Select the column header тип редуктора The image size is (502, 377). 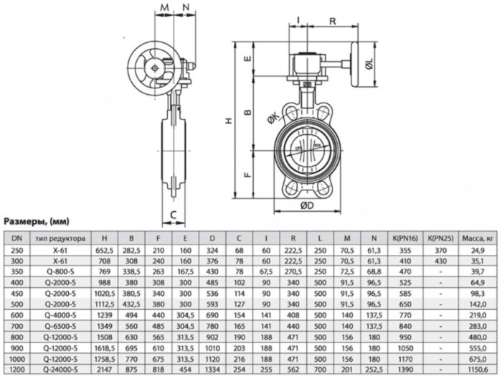pyautogui.click(x=66, y=238)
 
